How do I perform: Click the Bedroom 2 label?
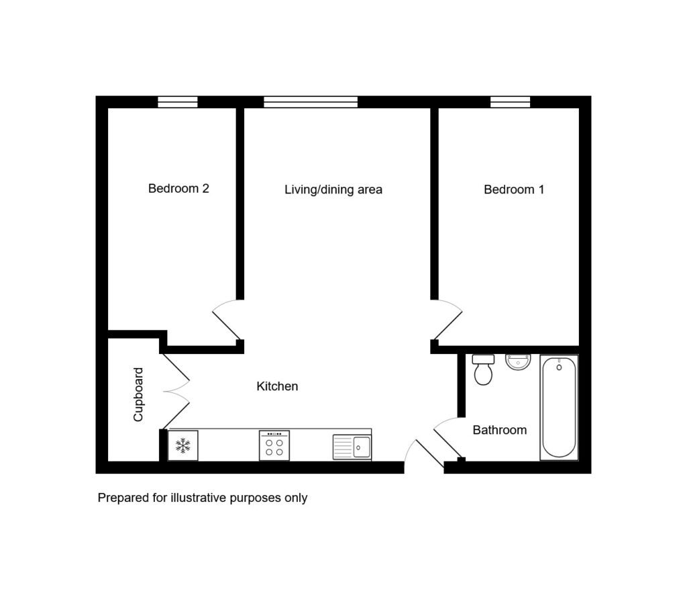[x=178, y=189]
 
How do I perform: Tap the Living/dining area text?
[x=333, y=189]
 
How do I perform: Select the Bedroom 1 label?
[x=514, y=189]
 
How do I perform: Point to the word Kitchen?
[x=277, y=386]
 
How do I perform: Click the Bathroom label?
[x=499, y=430]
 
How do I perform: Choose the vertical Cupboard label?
[x=138, y=395]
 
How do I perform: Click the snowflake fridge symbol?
[x=183, y=445]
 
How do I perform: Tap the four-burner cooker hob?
[x=274, y=445]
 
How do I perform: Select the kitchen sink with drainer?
[x=352, y=447]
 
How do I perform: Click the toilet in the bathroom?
[x=483, y=370]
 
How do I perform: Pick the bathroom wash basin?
[x=518, y=362]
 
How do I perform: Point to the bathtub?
[x=559, y=408]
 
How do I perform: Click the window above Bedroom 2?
[x=177, y=102]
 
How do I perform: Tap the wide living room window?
[x=311, y=102]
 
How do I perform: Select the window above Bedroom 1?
[x=510, y=102]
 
